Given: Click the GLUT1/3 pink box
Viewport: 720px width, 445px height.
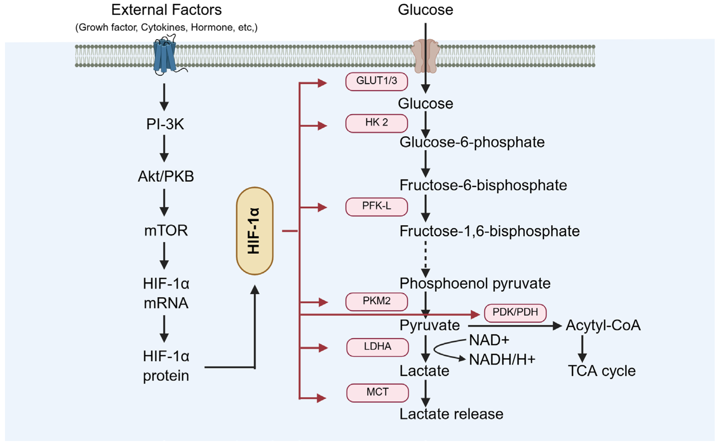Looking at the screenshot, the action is point(376,81).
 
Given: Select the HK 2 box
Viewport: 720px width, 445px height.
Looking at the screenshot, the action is point(376,123).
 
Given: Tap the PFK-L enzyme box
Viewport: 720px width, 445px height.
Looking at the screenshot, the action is point(376,207).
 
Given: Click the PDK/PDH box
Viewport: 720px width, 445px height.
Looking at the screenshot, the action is point(515,313).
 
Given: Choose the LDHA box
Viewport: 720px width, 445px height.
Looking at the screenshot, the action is point(377,348).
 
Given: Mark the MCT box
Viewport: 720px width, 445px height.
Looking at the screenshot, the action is point(377,393).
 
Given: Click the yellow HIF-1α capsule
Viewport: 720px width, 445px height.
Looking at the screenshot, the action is point(255,231).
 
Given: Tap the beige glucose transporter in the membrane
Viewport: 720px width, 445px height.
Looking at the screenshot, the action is point(425,56).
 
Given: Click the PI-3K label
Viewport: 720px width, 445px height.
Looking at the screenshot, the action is point(165,124).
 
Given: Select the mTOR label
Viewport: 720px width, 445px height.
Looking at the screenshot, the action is point(166,230).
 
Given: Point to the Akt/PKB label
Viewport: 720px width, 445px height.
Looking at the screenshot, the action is point(166,177).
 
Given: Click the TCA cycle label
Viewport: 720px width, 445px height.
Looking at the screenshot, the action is point(601,371).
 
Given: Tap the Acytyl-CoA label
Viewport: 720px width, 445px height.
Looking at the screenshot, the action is point(603,326).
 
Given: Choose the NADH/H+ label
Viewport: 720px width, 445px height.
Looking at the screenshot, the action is point(502,360).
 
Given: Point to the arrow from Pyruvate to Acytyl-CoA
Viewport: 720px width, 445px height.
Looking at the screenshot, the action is point(515,326).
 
